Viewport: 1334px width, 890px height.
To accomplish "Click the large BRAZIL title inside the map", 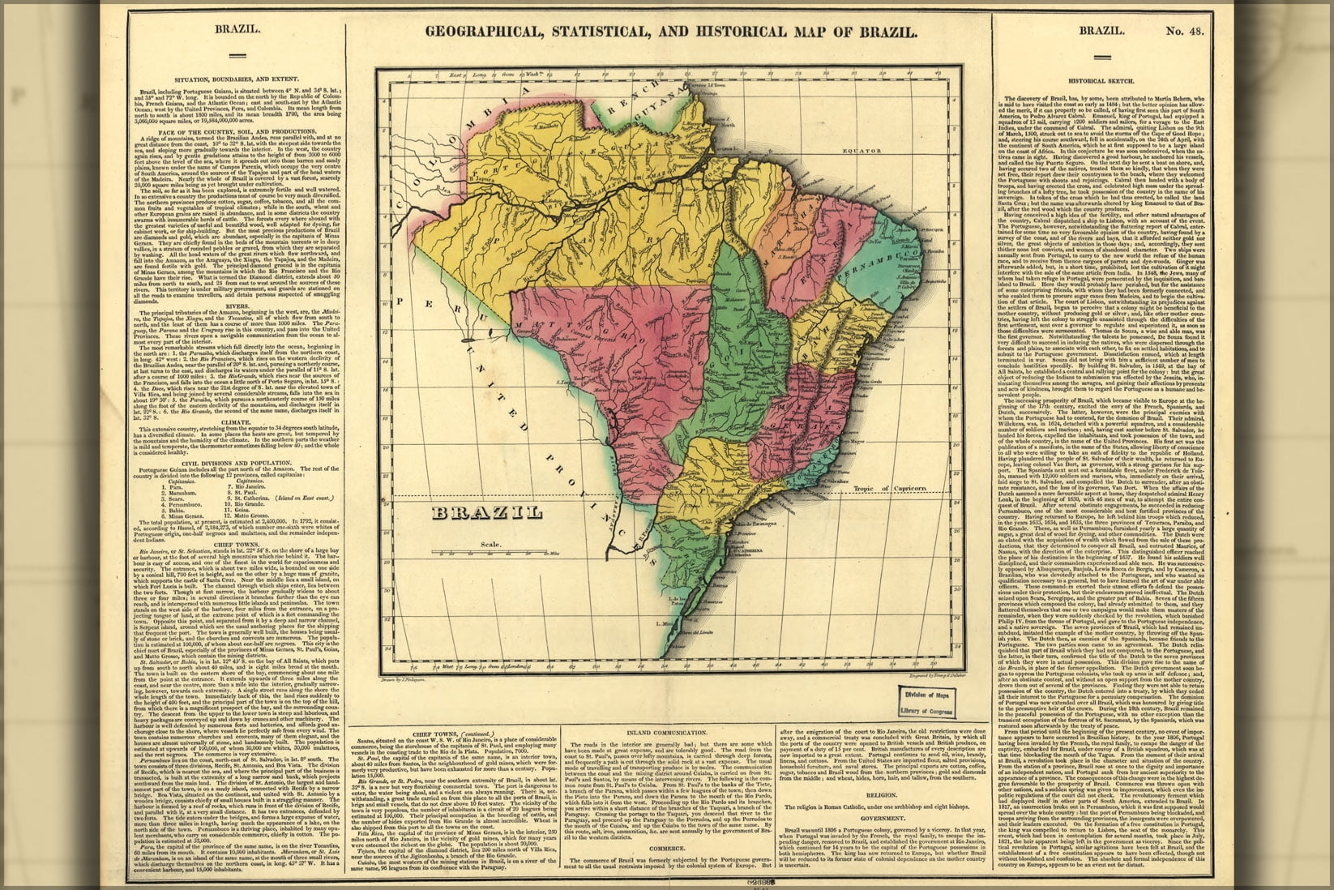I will click(x=486, y=512).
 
